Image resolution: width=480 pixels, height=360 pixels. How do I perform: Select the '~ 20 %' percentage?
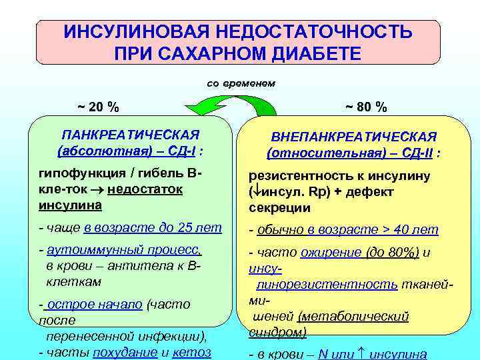(98, 107)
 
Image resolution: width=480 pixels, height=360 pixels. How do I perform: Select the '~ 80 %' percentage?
(366, 107)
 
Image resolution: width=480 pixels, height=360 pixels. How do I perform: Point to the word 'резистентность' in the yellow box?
(296, 177)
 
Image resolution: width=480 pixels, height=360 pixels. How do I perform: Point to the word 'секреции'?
(279, 207)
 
